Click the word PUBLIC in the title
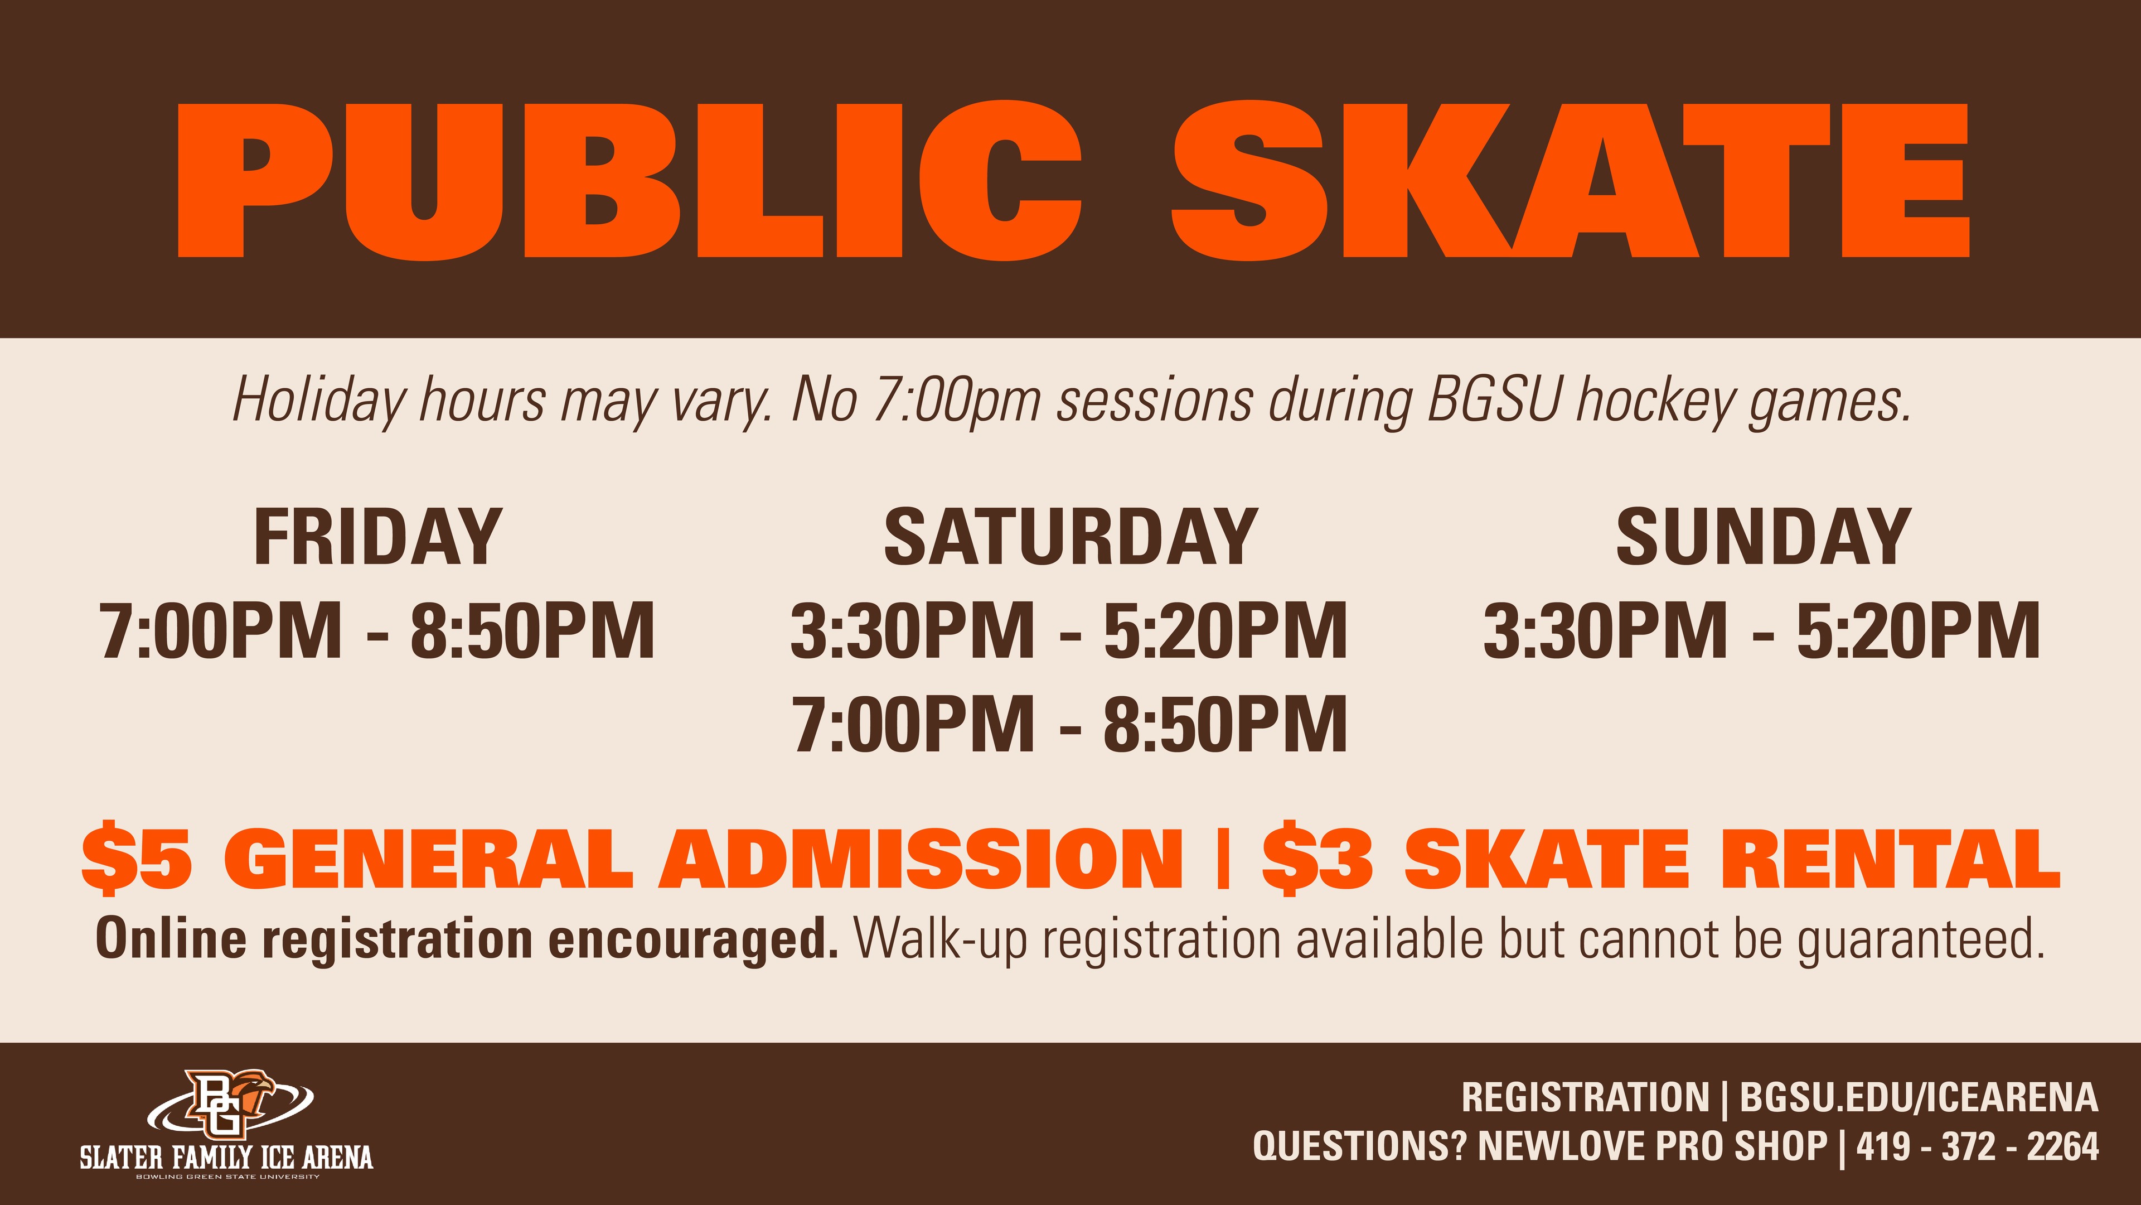[x=629, y=180]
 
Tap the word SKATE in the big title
[x=1571, y=180]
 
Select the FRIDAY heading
[x=377, y=537]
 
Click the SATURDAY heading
[x=1070, y=537]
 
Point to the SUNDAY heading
[x=1763, y=537]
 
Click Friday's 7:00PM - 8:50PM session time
[x=377, y=630]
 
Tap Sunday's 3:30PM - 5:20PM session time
[x=1762, y=630]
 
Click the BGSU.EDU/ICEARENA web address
[x=1919, y=1098]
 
